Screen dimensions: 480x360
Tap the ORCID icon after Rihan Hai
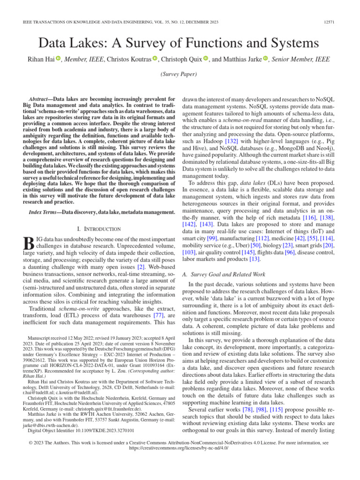pyautogui.click(x=58, y=59)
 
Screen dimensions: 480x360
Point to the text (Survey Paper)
pyautogui.click(x=180, y=75)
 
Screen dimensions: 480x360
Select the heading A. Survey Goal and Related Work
pyautogui.click(x=226, y=274)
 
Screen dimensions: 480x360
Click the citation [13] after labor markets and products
pyautogui.click(x=255, y=259)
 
